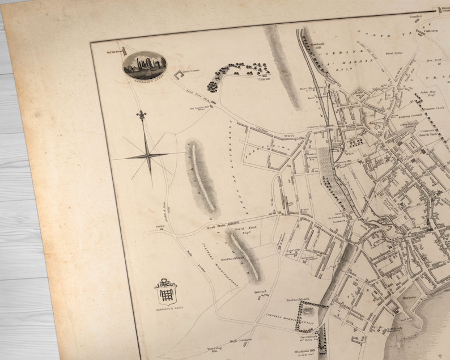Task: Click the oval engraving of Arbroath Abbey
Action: pyautogui.click(x=145, y=66)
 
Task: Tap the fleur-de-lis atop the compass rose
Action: pyautogui.click(x=141, y=115)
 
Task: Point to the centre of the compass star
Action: pyautogui.click(x=148, y=154)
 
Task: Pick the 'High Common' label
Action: pyautogui.click(x=240, y=341)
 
